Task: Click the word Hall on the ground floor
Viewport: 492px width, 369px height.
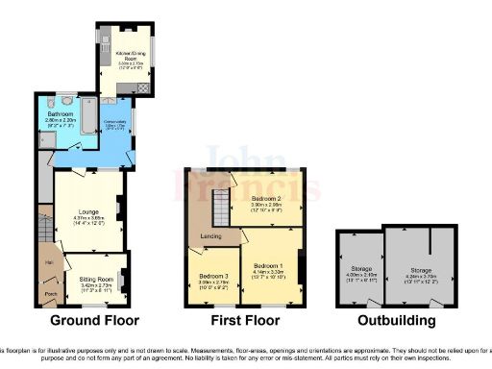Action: [46, 261]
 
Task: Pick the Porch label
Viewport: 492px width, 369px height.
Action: [51, 294]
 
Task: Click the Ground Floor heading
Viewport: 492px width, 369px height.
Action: [94, 320]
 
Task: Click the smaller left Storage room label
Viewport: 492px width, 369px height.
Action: [360, 268]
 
